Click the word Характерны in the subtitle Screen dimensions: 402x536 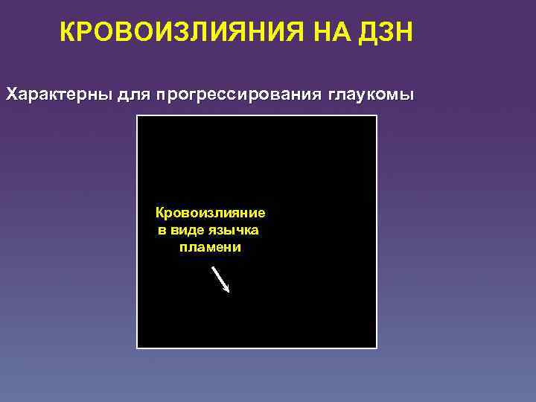(x=59, y=96)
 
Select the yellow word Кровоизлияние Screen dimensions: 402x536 (x=210, y=213)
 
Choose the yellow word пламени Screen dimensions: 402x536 (x=210, y=247)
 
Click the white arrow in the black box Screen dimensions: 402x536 (x=221, y=278)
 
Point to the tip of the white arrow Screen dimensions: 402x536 (x=229, y=292)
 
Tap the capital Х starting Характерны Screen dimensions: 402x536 (x=12, y=96)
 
